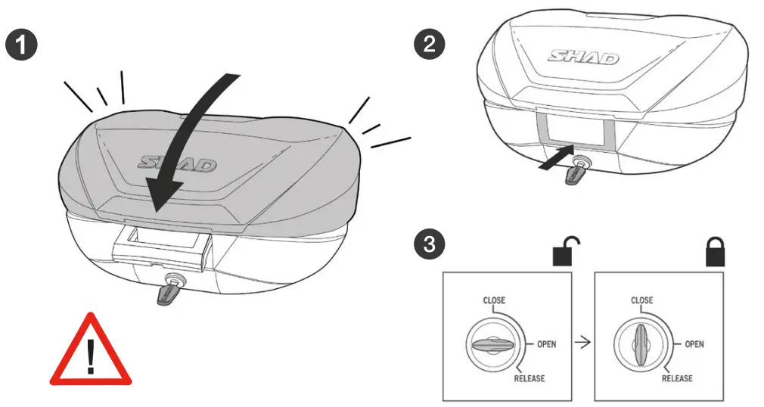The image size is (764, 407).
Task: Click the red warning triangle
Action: [91, 354]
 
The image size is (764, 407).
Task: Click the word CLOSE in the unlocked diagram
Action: [495, 300]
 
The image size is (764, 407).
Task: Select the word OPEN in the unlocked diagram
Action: [546, 344]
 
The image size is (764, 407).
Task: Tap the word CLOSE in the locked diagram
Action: [642, 300]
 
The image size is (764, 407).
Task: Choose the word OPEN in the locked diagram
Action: [694, 344]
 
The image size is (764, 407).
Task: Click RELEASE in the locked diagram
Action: [676, 378]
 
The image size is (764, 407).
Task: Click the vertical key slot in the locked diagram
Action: [641, 344]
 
